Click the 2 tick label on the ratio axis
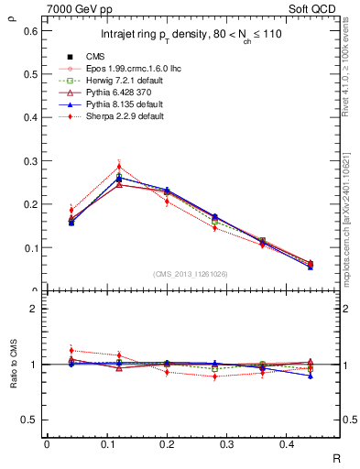click(33, 310)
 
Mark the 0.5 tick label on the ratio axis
click(29, 420)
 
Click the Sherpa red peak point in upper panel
click(119, 167)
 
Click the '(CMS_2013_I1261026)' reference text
click(191, 274)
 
